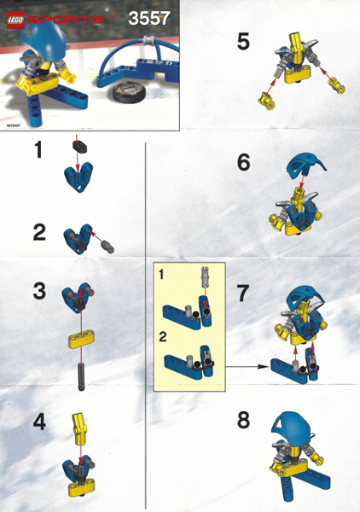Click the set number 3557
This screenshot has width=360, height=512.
click(150, 18)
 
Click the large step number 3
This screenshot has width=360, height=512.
click(38, 290)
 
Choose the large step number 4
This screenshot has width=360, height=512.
click(38, 421)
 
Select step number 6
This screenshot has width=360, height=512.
click(244, 161)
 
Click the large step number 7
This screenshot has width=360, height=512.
click(243, 294)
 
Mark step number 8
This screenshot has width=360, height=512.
click(244, 422)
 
